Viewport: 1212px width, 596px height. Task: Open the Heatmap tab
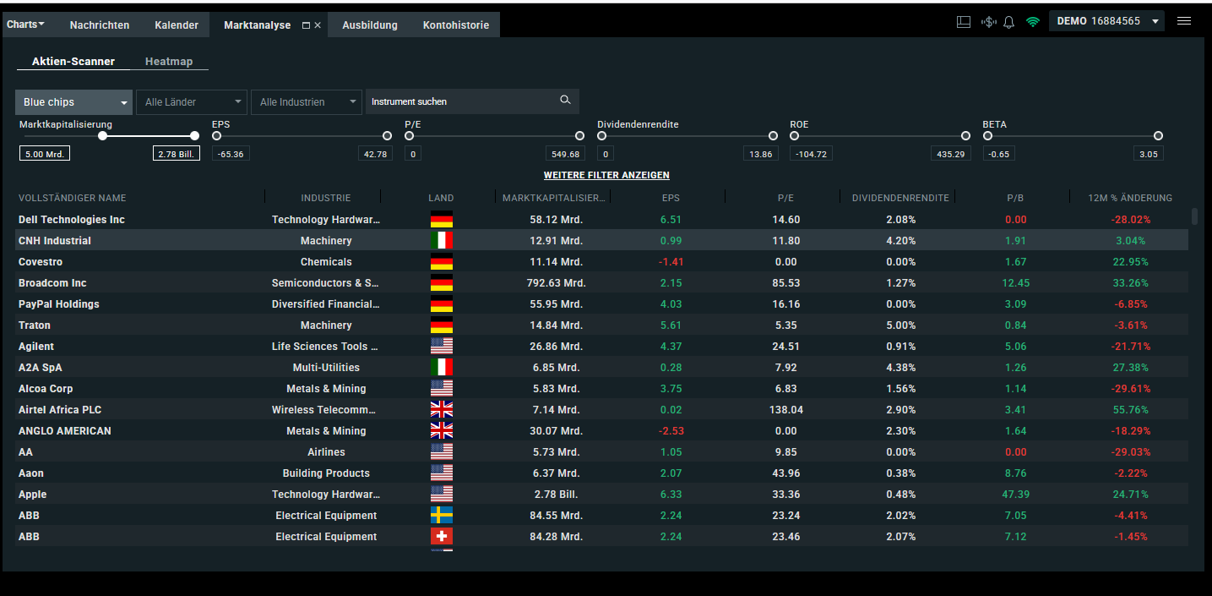click(169, 62)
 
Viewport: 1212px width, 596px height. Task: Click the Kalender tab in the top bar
click(177, 25)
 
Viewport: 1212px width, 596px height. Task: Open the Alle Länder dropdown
click(191, 102)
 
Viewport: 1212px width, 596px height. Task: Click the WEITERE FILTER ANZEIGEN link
click(606, 176)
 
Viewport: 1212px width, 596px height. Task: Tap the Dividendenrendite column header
click(900, 198)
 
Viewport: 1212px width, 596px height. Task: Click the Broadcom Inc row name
click(52, 283)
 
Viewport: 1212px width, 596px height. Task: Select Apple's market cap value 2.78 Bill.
click(554, 495)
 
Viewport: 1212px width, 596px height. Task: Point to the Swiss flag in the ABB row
click(442, 537)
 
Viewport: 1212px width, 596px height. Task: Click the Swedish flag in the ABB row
click(442, 516)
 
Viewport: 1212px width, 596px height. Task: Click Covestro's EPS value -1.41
click(671, 262)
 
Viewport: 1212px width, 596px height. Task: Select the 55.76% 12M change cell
click(1131, 410)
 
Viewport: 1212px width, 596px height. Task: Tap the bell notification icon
click(1008, 22)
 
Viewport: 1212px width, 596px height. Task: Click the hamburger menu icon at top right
click(1184, 21)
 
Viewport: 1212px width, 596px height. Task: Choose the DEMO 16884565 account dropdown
click(1106, 21)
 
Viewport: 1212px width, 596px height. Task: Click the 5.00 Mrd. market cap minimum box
click(45, 154)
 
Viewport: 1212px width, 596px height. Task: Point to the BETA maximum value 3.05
click(1148, 154)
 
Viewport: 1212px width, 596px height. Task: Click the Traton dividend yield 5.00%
click(900, 325)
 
